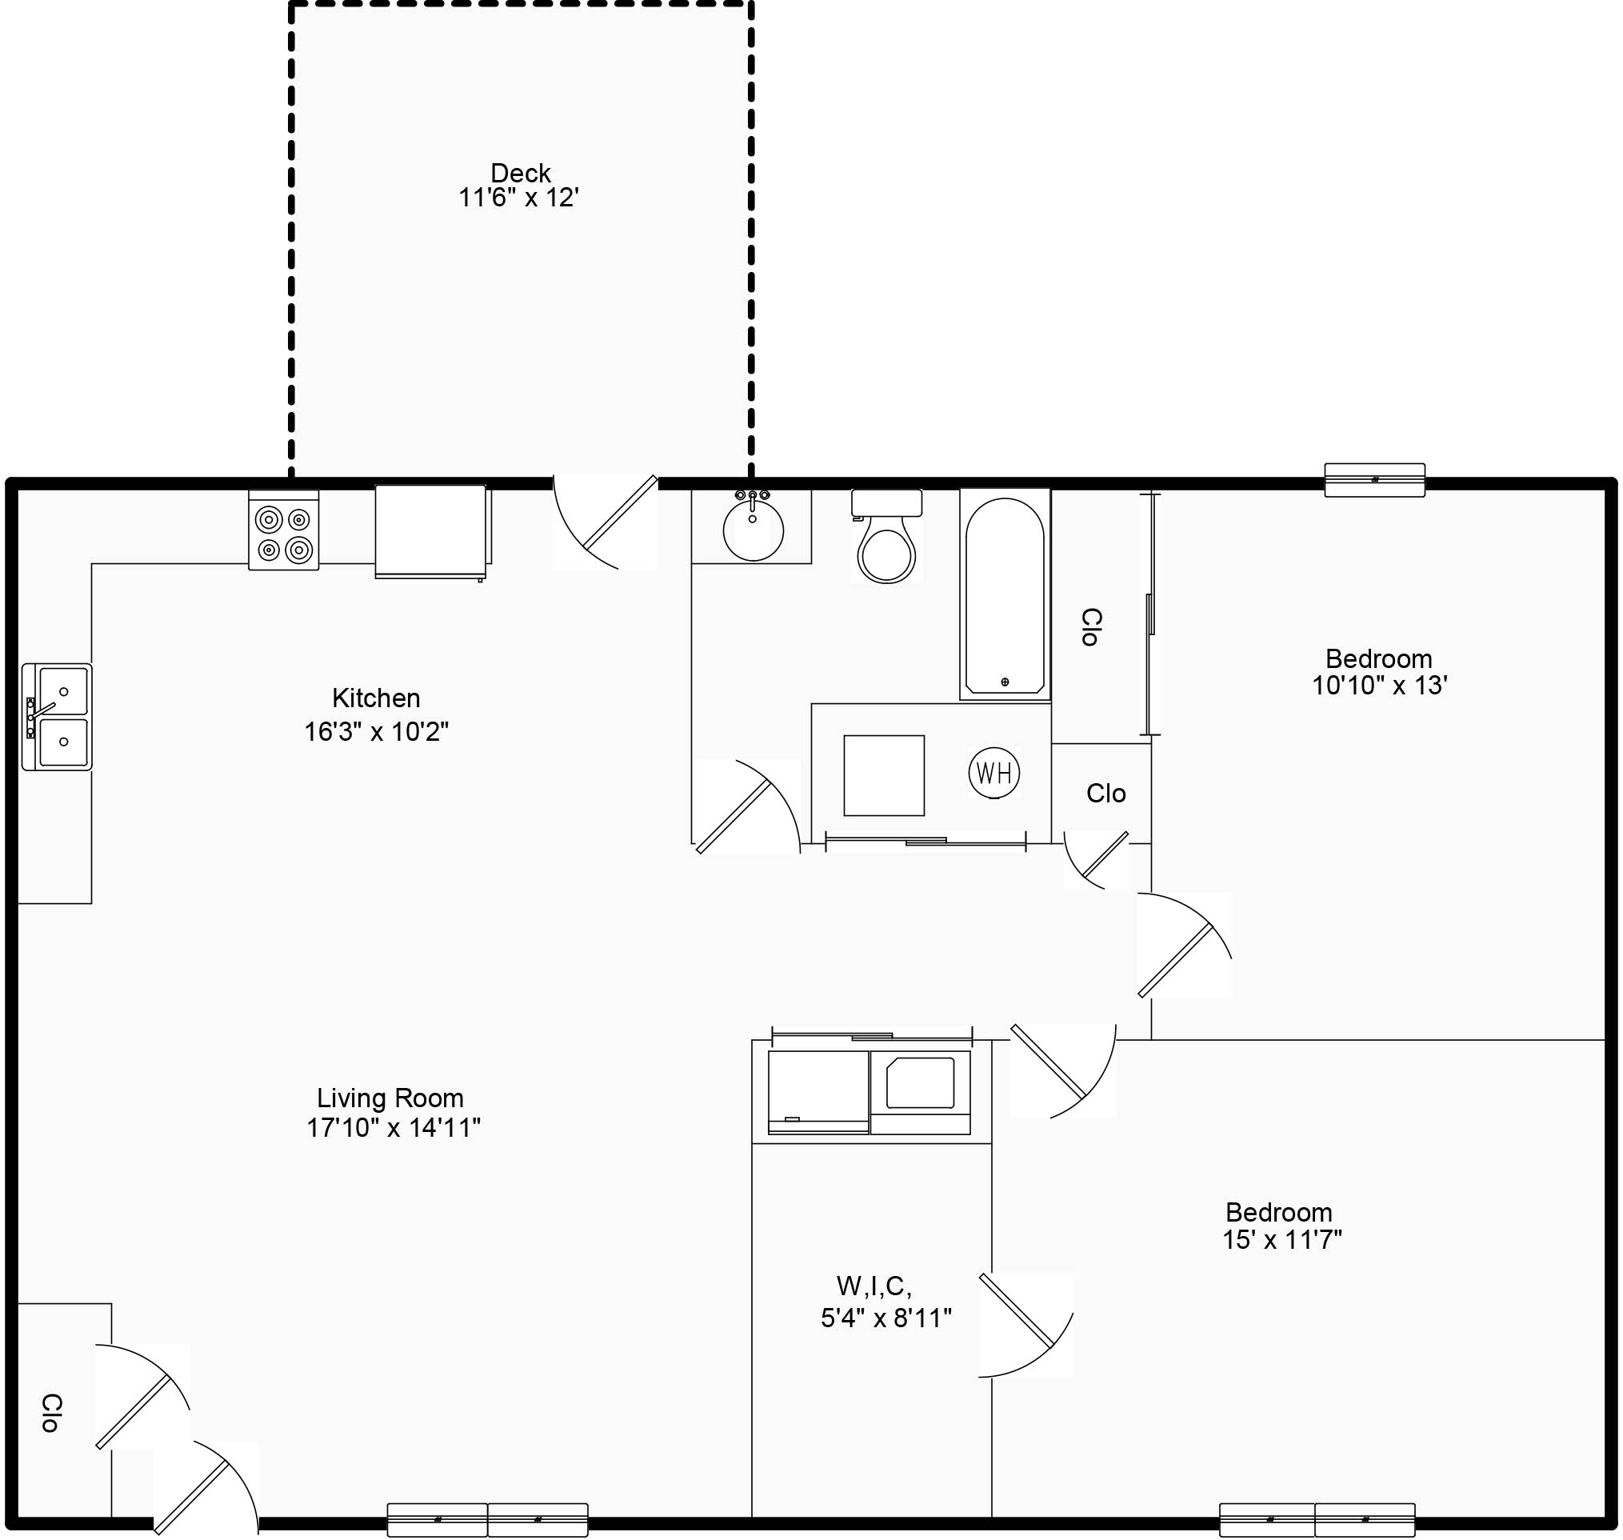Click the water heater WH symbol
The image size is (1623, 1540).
click(x=993, y=773)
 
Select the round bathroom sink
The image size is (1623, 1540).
click(x=753, y=530)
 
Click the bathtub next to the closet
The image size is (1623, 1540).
click(x=1005, y=596)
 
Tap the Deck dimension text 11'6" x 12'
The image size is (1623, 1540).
click(x=518, y=198)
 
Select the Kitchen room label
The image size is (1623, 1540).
click(x=376, y=698)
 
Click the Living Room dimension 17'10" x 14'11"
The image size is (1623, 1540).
click(x=394, y=1128)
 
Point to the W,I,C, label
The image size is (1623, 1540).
click(x=873, y=1285)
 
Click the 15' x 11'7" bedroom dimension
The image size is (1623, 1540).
click(x=1281, y=1239)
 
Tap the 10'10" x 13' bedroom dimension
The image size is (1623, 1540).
click(x=1378, y=686)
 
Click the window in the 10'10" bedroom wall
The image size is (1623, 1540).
click(x=1374, y=479)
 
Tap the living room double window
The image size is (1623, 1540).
click(x=488, y=1519)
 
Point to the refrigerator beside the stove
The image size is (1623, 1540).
click(x=431, y=531)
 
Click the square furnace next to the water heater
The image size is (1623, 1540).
click(x=883, y=775)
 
